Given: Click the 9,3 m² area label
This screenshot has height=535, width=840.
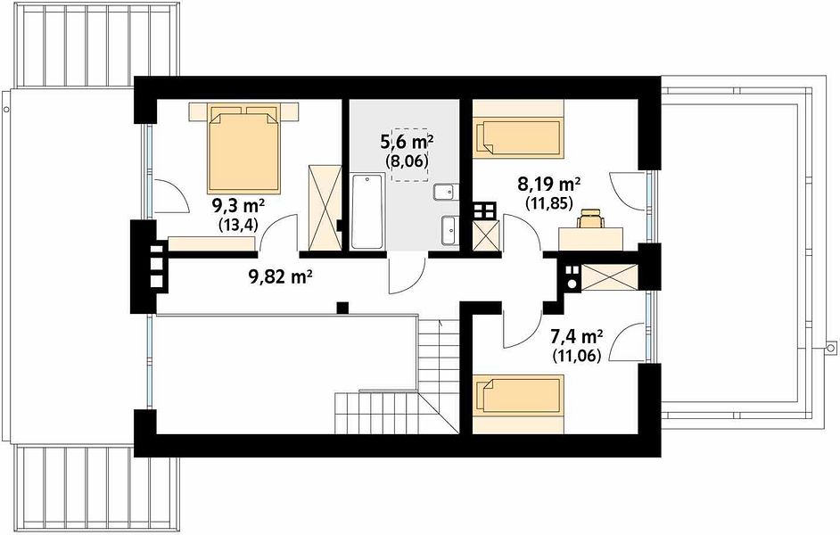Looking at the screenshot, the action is click(x=239, y=206).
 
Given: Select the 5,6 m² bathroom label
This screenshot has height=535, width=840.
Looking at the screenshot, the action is click(x=407, y=142).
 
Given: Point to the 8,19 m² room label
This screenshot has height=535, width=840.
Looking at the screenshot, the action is click(x=549, y=185).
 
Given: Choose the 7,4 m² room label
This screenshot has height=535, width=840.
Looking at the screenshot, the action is click(x=577, y=336).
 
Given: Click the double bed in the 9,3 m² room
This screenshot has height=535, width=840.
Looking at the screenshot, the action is click(x=243, y=148).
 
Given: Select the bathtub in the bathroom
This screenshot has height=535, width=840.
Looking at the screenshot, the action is click(x=367, y=210).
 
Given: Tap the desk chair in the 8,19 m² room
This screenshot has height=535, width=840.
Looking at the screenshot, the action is click(x=590, y=218).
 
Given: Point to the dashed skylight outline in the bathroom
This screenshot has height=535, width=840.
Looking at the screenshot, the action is click(x=410, y=155).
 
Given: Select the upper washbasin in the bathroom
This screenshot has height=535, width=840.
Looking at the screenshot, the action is click(x=446, y=192).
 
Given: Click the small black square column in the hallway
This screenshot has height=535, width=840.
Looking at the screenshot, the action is click(x=342, y=308).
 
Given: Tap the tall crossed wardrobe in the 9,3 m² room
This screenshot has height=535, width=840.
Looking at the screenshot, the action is click(x=325, y=208).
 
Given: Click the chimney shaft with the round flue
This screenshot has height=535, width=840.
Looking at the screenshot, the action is click(x=572, y=278).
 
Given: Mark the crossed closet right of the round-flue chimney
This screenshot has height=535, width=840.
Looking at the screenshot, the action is click(x=609, y=277).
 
